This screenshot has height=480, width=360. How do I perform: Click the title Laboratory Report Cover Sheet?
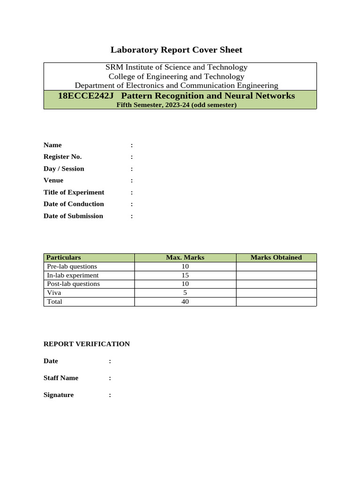(176, 50)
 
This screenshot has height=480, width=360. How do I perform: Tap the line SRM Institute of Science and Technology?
(176, 67)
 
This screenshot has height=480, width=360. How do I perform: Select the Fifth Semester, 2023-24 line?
(176, 105)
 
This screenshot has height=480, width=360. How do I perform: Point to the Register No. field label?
(62, 157)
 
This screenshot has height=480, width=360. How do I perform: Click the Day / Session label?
(64, 168)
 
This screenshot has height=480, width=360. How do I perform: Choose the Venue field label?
(53, 180)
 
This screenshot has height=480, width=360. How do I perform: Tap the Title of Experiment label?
(74, 192)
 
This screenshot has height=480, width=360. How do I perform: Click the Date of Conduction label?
(74, 204)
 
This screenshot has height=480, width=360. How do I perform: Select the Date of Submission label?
(73, 216)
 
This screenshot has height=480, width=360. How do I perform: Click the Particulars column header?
(63, 257)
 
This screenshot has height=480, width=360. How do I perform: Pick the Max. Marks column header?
(185, 257)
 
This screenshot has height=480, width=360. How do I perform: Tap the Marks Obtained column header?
(276, 257)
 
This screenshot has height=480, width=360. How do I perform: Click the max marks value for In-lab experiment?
(185, 275)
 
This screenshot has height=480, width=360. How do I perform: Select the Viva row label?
(53, 292)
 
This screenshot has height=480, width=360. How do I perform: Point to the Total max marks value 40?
(185, 301)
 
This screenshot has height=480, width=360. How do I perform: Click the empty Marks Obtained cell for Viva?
(276, 292)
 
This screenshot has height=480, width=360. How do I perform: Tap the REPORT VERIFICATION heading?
(87, 344)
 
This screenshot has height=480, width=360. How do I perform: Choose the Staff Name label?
(61, 378)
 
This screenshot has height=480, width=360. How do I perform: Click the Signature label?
(59, 395)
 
